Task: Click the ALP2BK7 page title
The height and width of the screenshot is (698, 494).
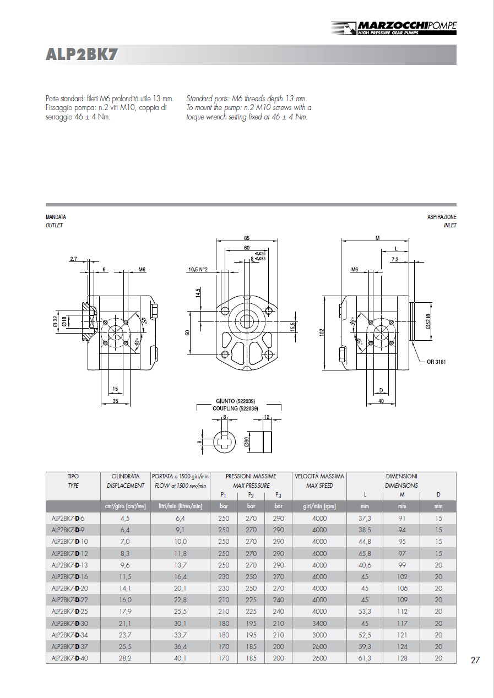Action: pos(82,54)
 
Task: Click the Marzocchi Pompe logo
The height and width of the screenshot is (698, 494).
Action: pos(394,28)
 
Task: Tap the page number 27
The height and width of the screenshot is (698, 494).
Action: pos(475,660)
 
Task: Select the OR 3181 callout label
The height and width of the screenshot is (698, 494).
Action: pos(438,362)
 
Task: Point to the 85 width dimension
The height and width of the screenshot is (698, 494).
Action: pos(246,238)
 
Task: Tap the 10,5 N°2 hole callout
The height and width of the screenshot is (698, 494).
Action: pos(198,270)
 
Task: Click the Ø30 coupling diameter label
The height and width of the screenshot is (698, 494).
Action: pos(247,442)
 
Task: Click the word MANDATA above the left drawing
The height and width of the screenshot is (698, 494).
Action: pos(56,217)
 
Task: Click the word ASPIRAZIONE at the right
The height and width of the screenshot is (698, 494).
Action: pos(442,217)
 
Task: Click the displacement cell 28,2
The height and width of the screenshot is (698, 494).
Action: pos(125,658)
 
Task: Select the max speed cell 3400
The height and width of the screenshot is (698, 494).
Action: pos(319,623)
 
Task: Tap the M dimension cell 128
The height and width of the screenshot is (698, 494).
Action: pos(402,658)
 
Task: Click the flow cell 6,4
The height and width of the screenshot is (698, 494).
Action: pos(180,519)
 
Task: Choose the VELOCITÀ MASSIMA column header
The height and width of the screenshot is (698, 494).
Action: pos(319,476)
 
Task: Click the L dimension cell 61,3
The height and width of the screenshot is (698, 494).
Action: pos(365,658)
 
